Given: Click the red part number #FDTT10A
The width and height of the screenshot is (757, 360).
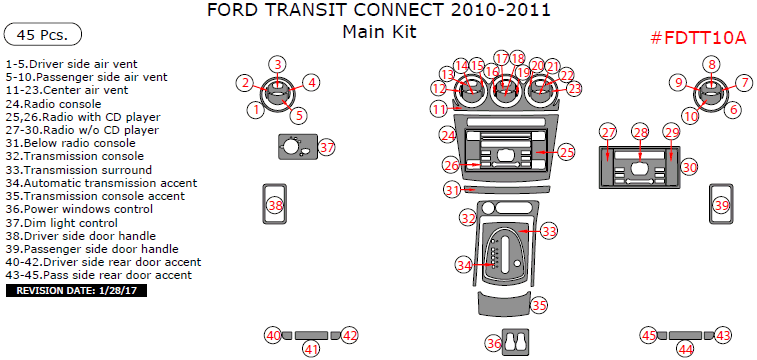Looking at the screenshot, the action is (x=699, y=38).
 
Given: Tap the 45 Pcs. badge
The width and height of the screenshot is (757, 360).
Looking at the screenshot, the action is (x=42, y=35).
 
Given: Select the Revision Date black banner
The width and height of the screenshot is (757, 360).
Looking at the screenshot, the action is (x=76, y=291).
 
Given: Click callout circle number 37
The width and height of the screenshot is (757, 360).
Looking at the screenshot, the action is (x=327, y=148).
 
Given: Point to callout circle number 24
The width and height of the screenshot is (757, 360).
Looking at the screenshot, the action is (x=448, y=136).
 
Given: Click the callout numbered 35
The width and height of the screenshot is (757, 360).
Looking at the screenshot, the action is (x=539, y=305).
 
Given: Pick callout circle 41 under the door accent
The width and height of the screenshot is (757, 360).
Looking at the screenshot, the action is (x=311, y=349).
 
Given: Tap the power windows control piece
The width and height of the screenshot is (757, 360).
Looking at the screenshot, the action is (x=516, y=342).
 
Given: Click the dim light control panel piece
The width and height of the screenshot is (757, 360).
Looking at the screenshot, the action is (x=297, y=146).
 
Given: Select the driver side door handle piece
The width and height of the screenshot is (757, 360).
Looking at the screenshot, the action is (x=275, y=204).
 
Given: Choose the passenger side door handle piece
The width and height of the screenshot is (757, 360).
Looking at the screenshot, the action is (x=721, y=204).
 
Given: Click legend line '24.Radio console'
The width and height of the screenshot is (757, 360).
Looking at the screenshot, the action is (x=53, y=104).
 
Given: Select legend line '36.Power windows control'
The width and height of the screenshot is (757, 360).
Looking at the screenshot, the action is (x=79, y=209).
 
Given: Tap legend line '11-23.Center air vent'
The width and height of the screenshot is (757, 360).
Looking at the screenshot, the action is (x=67, y=90).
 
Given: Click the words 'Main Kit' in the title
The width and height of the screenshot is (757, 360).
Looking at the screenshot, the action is (x=379, y=32).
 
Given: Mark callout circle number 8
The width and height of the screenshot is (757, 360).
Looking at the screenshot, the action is (x=712, y=65).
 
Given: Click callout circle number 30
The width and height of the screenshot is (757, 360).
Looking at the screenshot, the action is (x=690, y=167).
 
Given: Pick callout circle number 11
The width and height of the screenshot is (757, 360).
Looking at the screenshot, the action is (x=439, y=109).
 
